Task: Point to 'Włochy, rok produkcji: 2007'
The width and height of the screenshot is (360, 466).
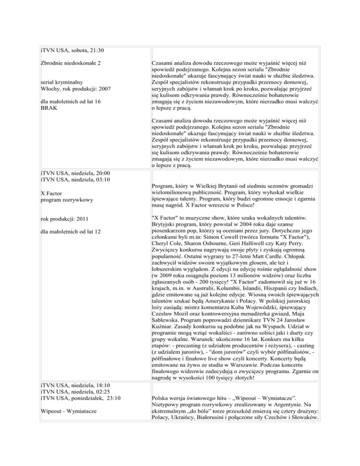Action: click(78, 89)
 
